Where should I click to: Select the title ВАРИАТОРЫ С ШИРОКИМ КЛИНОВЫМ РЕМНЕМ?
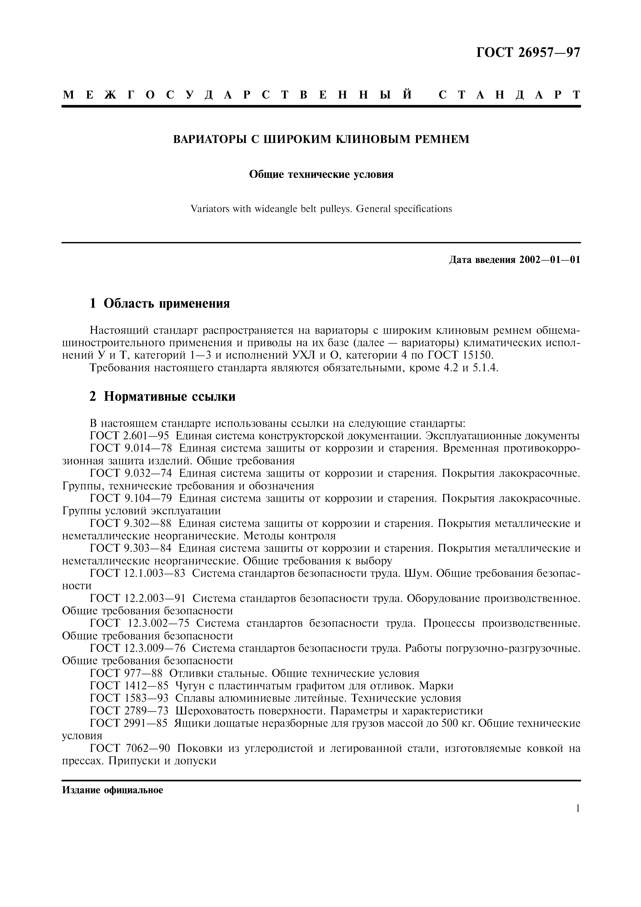pyautogui.click(x=321, y=139)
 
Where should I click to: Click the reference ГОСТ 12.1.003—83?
pyautogui.click(x=138, y=573)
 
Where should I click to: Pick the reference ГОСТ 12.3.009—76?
pyautogui.click(x=138, y=648)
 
